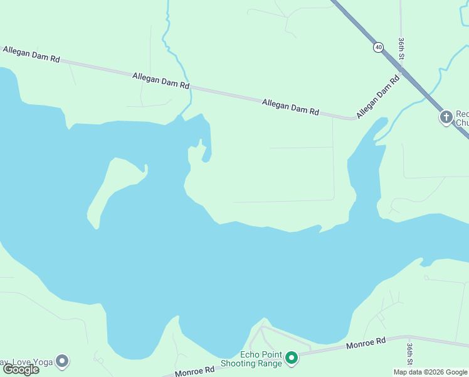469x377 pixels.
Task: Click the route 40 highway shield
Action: click(x=378, y=47)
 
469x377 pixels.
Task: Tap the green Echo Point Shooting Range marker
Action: click(x=292, y=358)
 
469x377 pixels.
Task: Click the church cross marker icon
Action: click(x=446, y=117)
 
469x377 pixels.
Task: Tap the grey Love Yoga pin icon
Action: click(x=61, y=361)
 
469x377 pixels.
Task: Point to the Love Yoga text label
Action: click(x=25, y=362)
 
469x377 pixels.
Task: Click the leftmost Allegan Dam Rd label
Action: click(x=31, y=54)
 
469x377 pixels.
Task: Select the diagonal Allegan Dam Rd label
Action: click(x=378, y=97)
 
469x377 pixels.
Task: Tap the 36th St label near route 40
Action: click(x=401, y=49)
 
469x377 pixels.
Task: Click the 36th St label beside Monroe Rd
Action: click(x=409, y=354)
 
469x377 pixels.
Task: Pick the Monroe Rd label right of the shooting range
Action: click(x=366, y=343)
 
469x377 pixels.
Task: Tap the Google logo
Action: click(x=21, y=369)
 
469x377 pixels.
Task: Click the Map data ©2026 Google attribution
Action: click(x=430, y=372)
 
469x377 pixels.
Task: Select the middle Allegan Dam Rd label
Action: click(x=161, y=80)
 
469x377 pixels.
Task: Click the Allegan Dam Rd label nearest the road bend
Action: click(x=290, y=107)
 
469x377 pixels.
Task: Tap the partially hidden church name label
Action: click(x=462, y=118)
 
